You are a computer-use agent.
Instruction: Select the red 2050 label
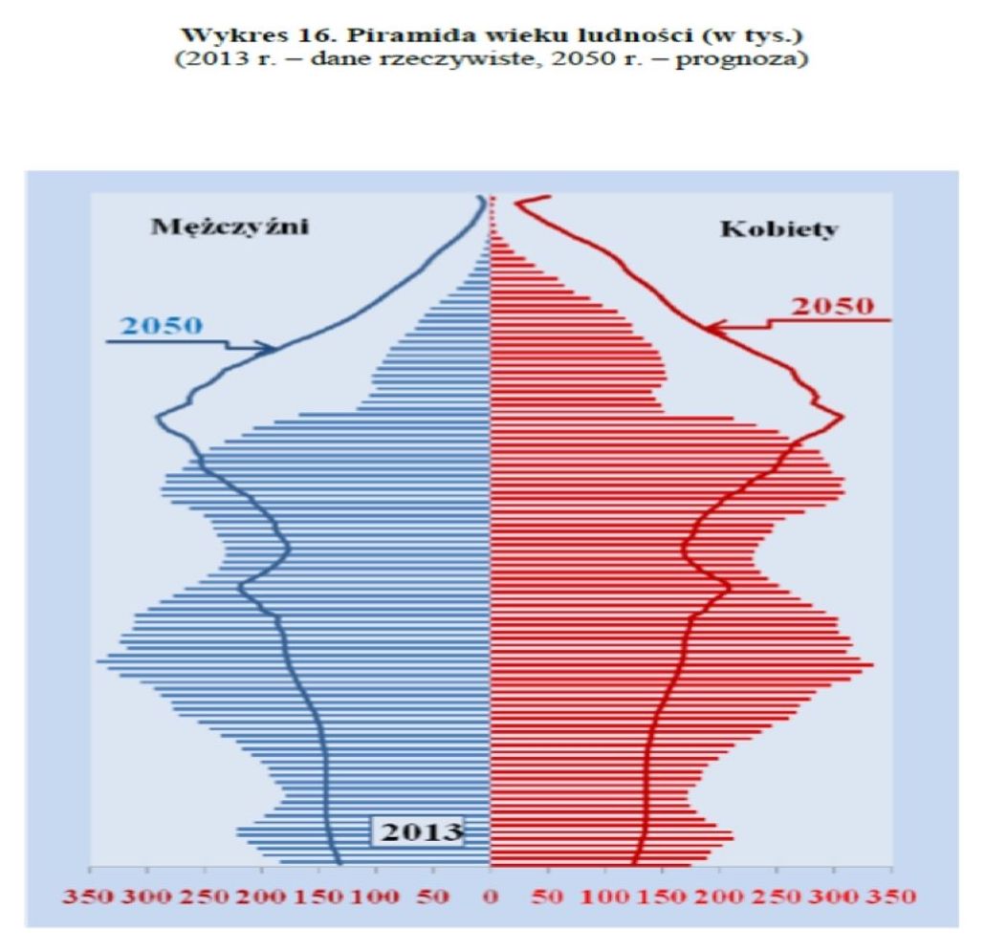[834, 307]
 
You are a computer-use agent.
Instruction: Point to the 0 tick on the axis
[491, 897]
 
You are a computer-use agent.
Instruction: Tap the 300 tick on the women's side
[834, 897]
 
